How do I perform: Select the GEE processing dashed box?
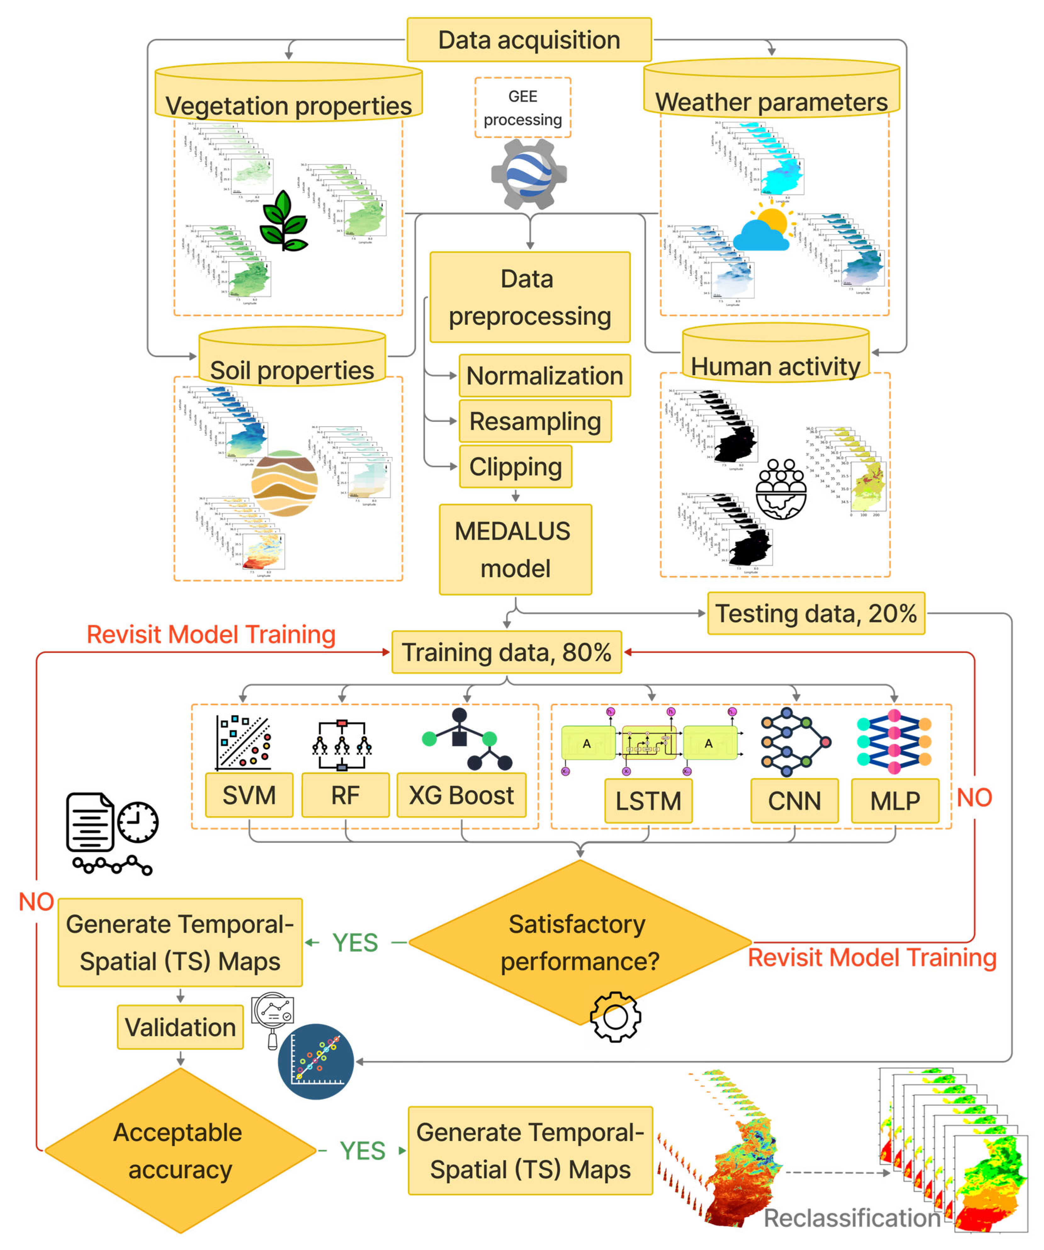tap(522, 108)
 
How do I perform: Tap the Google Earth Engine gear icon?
tap(528, 174)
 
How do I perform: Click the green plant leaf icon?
tap(285, 220)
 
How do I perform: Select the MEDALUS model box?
tap(515, 549)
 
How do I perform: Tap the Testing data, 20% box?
tap(815, 613)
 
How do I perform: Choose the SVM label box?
tap(249, 795)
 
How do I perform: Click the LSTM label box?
tap(648, 800)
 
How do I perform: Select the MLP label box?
tap(894, 800)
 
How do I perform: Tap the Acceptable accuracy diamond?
tap(180, 1151)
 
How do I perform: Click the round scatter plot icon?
tap(315, 1062)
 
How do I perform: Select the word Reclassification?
tap(851, 1218)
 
